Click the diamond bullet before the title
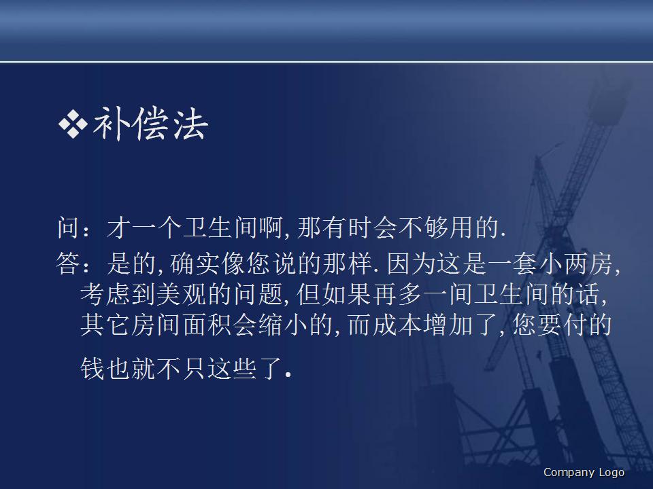73,125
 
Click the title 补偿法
150,124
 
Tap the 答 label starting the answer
69,264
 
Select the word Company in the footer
569,473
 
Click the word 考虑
103,294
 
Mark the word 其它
103,325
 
